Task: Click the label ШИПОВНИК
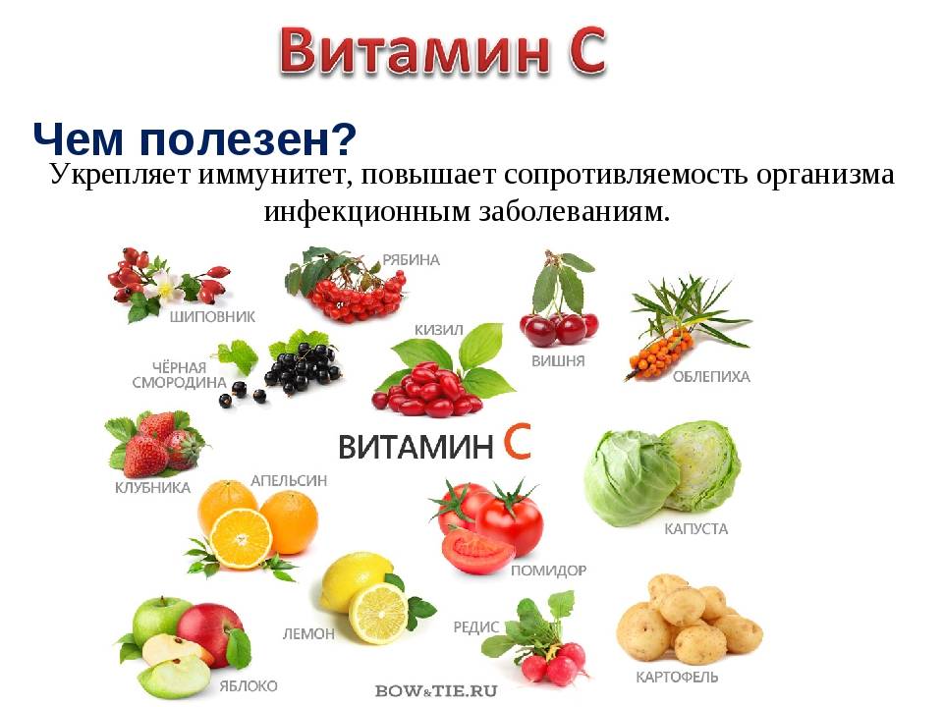(212, 317)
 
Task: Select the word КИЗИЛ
(438, 330)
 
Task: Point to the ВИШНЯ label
(558, 360)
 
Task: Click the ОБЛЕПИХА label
(711, 376)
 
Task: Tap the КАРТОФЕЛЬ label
(677, 677)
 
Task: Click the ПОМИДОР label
(548, 570)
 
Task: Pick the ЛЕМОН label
(307, 634)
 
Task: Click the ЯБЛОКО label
(247, 685)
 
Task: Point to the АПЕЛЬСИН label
(289, 481)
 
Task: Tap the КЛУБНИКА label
(152, 488)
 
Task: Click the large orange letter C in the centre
(517, 443)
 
